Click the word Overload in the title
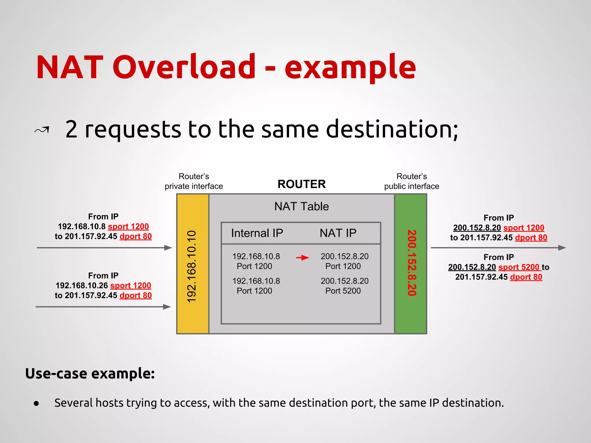[x=184, y=67]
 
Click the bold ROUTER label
[x=302, y=184]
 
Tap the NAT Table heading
[x=302, y=207]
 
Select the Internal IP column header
[x=257, y=233]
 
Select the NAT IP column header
[x=338, y=233]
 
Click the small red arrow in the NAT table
[x=302, y=258]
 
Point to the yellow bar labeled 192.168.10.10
[x=192, y=264]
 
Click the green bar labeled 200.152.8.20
[x=411, y=264]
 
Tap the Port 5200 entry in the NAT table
[x=343, y=291]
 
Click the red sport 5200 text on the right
[x=519, y=267]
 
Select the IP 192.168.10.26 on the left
[x=82, y=286]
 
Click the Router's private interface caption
[x=194, y=181]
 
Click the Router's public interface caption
[x=412, y=181]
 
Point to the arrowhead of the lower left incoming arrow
[x=167, y=307]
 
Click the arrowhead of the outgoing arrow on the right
[x=562, y=248]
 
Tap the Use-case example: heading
[x=90, y=373]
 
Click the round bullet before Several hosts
[x=36, y=403]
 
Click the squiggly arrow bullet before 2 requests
[x=42, y=130]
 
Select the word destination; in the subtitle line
[x=392, y=129]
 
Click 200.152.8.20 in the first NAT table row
[x=345, y=256]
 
